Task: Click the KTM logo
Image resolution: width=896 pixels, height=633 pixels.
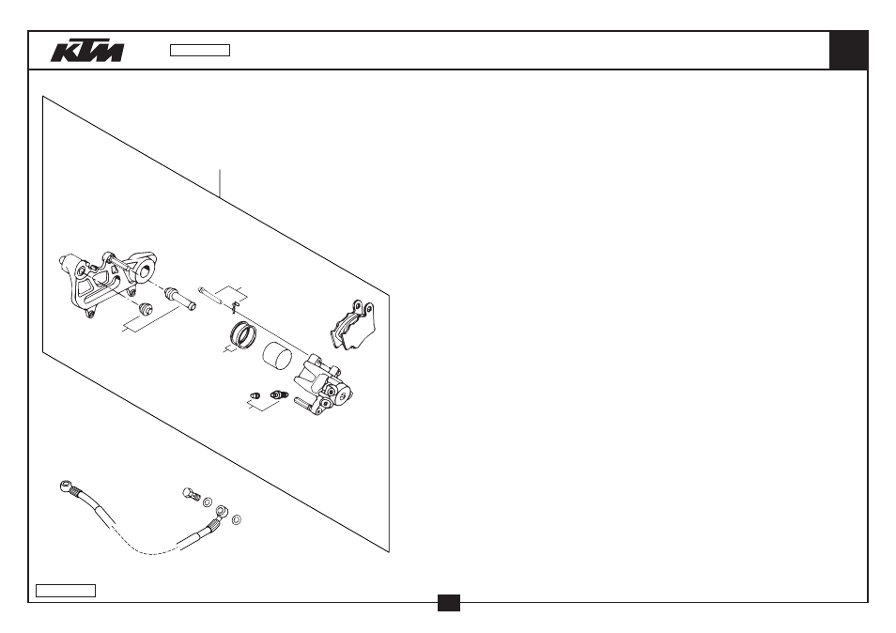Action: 87,51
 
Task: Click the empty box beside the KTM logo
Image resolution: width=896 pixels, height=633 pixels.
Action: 200,51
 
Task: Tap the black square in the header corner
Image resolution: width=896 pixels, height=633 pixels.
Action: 849,51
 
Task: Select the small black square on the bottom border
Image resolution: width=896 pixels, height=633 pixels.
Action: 449,603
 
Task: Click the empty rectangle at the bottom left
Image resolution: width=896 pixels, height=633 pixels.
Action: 66,591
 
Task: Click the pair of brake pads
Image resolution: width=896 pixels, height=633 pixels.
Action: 352,325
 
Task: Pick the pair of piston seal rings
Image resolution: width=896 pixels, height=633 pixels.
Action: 243,334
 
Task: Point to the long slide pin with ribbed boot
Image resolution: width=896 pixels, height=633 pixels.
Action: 180,299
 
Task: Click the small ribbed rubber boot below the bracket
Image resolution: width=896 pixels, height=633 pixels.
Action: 147,308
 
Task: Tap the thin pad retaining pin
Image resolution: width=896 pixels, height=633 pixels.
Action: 215,297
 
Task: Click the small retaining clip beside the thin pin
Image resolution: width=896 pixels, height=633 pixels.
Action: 234,308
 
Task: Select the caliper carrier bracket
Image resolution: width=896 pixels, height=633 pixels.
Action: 107,281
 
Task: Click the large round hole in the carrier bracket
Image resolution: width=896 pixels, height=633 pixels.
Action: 147,271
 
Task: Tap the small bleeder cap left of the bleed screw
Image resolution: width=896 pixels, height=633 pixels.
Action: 255,394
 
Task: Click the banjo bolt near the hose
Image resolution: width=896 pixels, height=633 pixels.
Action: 192,495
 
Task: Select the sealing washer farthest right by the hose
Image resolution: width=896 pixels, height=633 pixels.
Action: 237,519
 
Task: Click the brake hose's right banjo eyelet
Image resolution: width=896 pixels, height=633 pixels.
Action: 221,509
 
